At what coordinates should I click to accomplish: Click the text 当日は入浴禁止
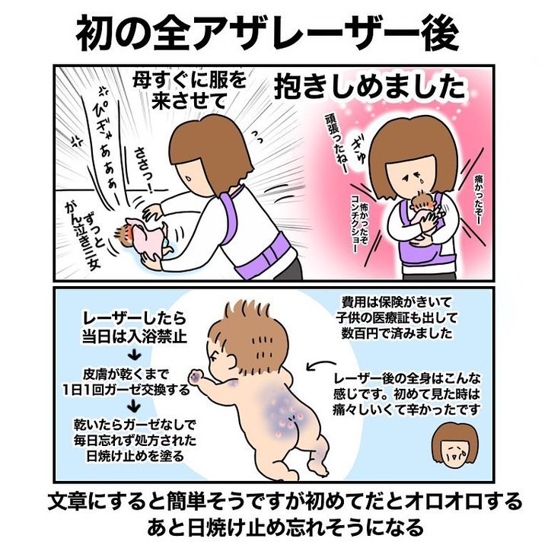click(x=135, y=336)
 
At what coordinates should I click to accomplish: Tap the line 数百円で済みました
click(x=397, y=333)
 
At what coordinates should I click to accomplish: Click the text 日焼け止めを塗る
click(x=135, y=456)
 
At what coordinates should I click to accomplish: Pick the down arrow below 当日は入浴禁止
click(x=134, y=356)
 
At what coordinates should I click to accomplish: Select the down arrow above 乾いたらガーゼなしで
click(x=134, y=406)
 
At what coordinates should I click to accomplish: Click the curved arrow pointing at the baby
click(x=319, y=365)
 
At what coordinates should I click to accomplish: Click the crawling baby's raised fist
click(x=196, y=376)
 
